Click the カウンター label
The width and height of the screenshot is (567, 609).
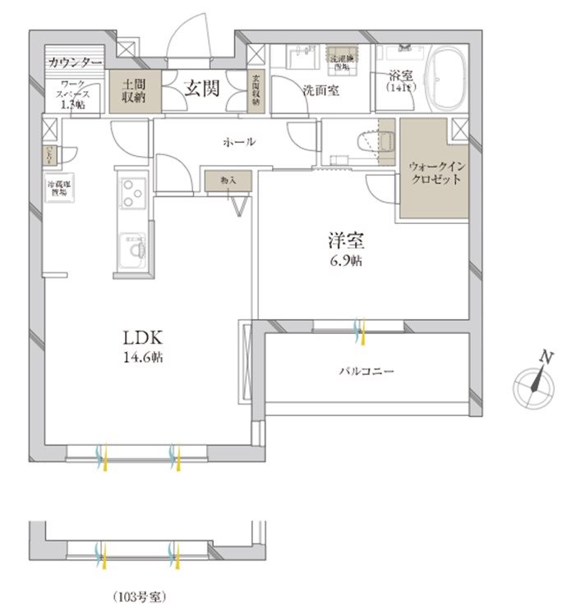tap(75, 62)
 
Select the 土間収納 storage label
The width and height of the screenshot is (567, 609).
tap(136, 90)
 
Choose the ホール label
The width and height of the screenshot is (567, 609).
tap(239, 142)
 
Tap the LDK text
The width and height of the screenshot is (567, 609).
tap(145, 337)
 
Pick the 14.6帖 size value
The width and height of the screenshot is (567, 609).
tap(145, 358)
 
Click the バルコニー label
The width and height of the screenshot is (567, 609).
tap(366, 371)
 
